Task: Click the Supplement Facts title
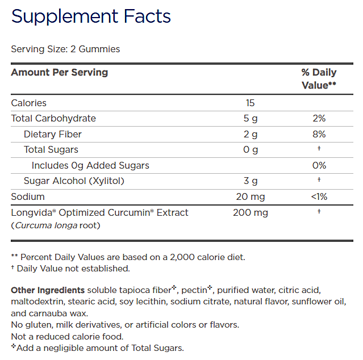pos(91,16)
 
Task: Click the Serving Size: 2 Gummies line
pos(65,49)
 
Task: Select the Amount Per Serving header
pos(60,72)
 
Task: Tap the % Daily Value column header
pos(319,78)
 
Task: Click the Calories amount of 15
pos(250,103)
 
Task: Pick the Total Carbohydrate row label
pos(53,118)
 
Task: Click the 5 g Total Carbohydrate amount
pos(250,118)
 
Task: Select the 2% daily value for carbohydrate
pos(319,118)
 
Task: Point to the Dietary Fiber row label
pos(53,134)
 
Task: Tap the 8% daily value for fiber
pos(319,134)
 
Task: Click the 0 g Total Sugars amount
pos(250,149)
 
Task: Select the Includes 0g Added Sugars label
pos(90,165)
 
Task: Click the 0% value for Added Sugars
pos(319,165)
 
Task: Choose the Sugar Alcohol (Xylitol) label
pos(74,181)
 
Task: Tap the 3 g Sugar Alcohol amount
pos(250,181)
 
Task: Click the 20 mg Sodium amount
pos(250,196)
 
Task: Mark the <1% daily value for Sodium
pos(319,196)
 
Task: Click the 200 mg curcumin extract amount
pos(250,212)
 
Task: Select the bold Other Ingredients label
pos(48,290)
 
